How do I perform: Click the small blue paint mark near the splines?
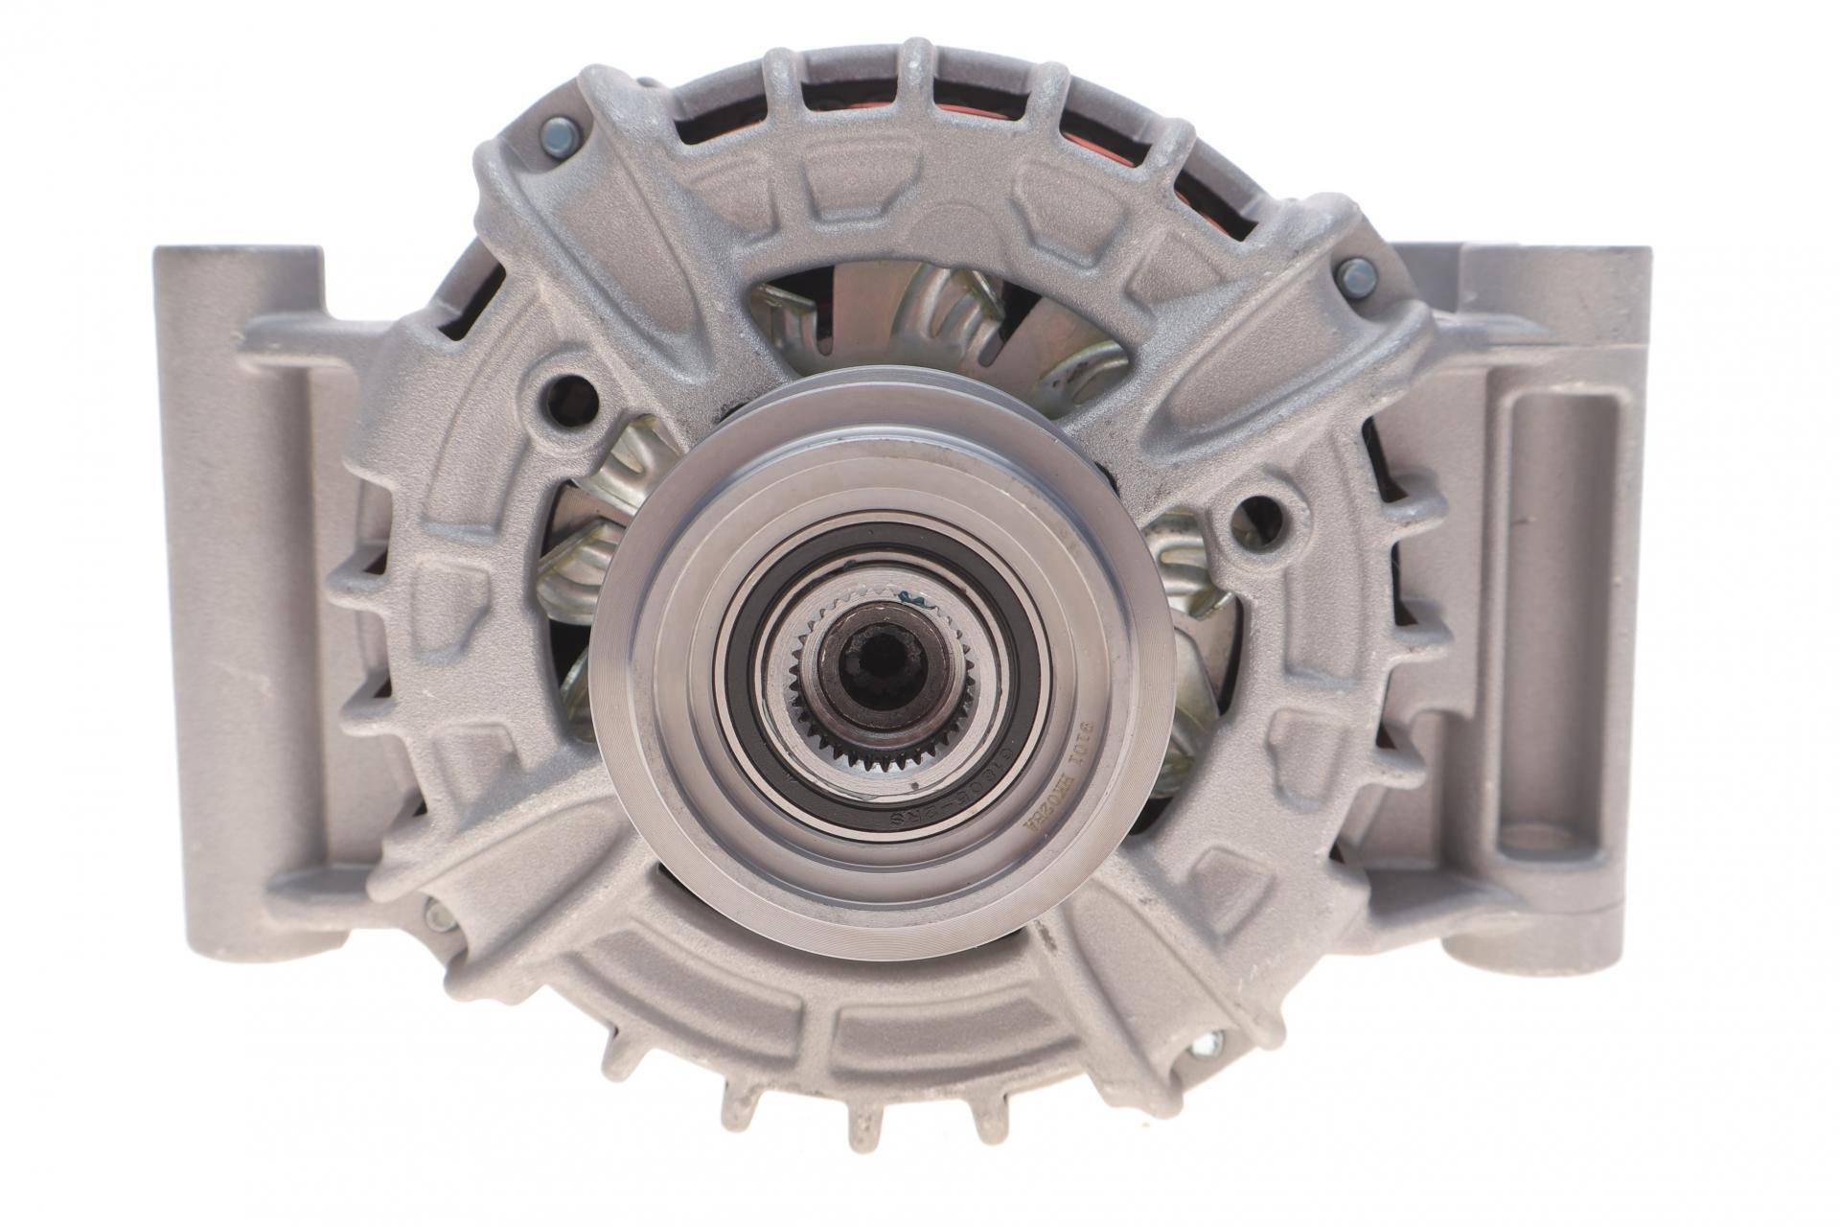(x=924, y=602)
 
